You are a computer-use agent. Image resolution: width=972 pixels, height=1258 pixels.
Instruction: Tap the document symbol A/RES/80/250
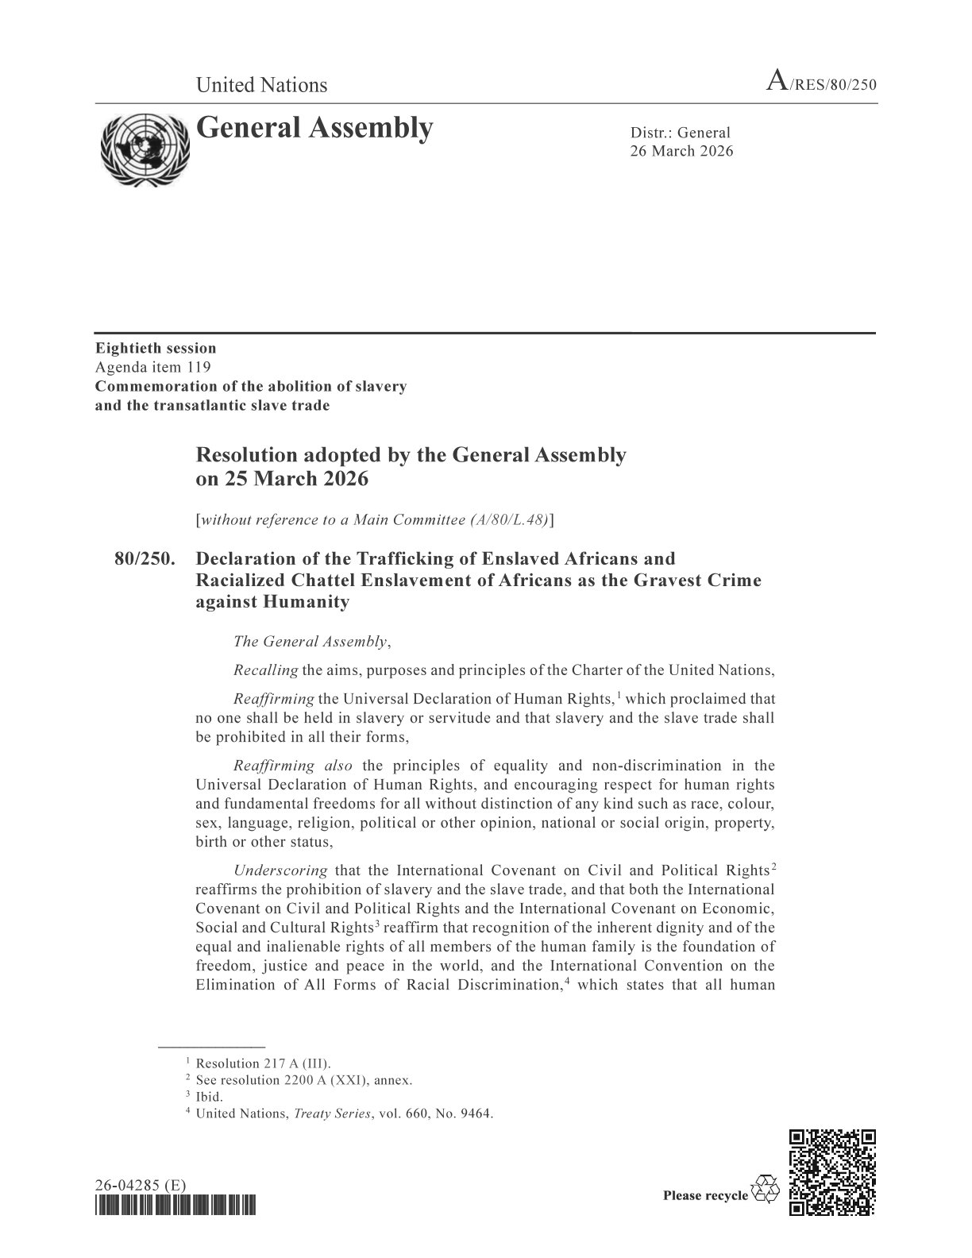pyautogui.click(x=820, y=84)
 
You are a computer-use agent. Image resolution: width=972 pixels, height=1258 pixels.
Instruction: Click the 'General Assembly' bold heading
pyautogui.click(x=314, y=127)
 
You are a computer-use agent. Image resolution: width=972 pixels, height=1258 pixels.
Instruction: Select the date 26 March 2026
pyautogui.click(x=681, y=151)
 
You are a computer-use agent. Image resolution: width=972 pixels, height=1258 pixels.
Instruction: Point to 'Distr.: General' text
pyautogui.click(x=680, y=133)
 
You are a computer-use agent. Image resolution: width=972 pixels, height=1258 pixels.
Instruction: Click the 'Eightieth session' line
pyautogui.click(x=156, y=348)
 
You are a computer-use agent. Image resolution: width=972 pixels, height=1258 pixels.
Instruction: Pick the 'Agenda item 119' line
pyautogui.click(x=153, y=367)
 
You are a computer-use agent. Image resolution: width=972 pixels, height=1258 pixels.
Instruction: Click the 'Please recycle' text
pyautogui.click(x=704, y=1195)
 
